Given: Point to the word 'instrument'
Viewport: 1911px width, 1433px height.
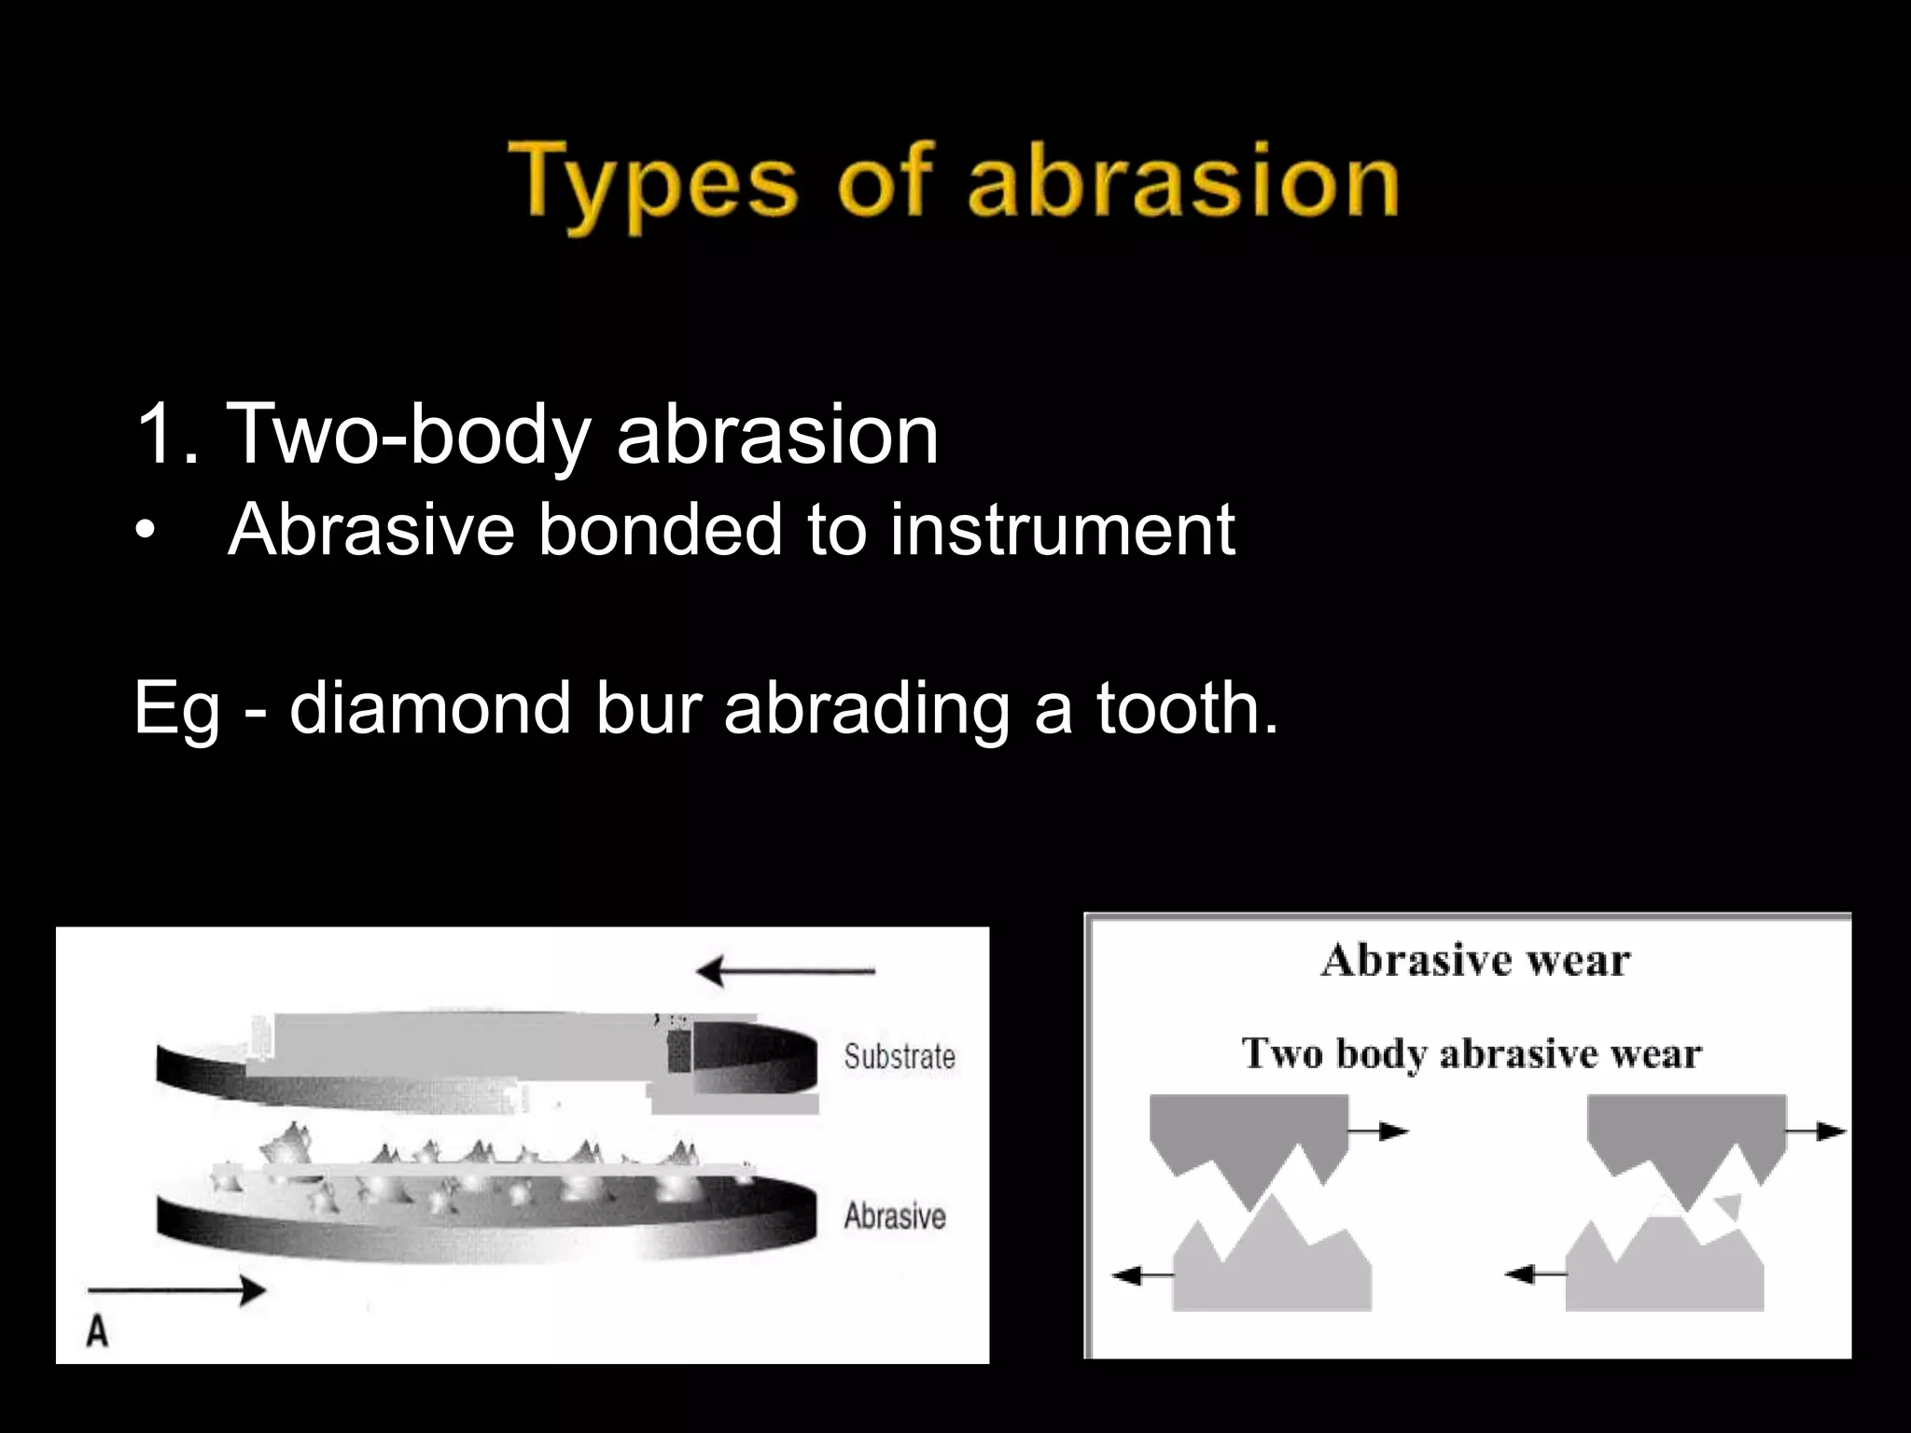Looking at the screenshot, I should click(1062, 530).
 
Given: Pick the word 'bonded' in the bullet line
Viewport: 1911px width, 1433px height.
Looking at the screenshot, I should click(660, 530).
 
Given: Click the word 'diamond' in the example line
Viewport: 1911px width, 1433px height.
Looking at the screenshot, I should click(429, 708).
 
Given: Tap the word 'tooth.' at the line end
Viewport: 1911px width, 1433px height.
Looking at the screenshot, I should click(1185, 708).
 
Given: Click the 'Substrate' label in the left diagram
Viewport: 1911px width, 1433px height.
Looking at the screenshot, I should click(900, 1057).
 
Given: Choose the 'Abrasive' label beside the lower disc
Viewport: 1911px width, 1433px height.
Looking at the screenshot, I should click(895, 1217).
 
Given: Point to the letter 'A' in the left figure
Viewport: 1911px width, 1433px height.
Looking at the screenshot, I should click(98, 1331).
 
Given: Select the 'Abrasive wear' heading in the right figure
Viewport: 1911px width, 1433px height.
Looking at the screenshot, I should click(1475, 961).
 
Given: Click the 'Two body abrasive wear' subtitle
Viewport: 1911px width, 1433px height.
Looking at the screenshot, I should click(1472, 1054).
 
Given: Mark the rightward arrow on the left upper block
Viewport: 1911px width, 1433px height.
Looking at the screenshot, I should click(1379, 1132).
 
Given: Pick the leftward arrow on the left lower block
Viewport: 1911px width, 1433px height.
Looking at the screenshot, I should click(1142, 1274).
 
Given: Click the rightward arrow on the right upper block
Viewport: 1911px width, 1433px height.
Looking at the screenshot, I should click(1817, 1132).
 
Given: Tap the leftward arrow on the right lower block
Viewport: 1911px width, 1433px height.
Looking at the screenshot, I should click(1535, 1273).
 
